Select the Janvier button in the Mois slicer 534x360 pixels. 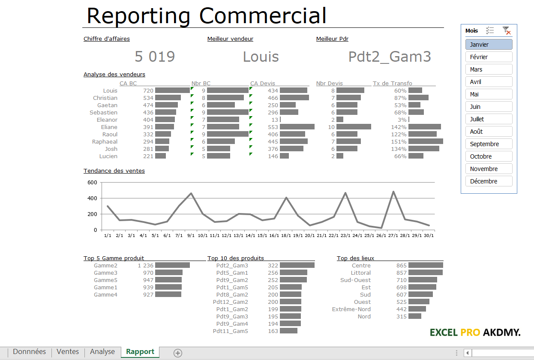coord(489,45)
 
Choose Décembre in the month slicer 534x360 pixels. coord(489,181)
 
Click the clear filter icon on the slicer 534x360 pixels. coord(507,31)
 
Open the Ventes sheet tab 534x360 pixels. coord(68,352)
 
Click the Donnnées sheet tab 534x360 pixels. coord(29,352)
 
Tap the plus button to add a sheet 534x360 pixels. coord(178,353)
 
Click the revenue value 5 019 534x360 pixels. coord(155,57)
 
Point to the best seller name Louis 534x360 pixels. coord(261,57)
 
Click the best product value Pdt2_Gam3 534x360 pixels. coord(389,57)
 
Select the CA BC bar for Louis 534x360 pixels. coord(172,90)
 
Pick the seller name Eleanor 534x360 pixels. coord(107,120)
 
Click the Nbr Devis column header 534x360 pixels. coord(329,83)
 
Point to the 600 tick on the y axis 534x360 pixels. coord(92,182)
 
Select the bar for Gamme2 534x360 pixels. coord(172,265)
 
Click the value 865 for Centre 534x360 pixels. coord(401,265)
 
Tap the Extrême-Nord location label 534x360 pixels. coord(351,309)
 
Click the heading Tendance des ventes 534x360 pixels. coord(114,171)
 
